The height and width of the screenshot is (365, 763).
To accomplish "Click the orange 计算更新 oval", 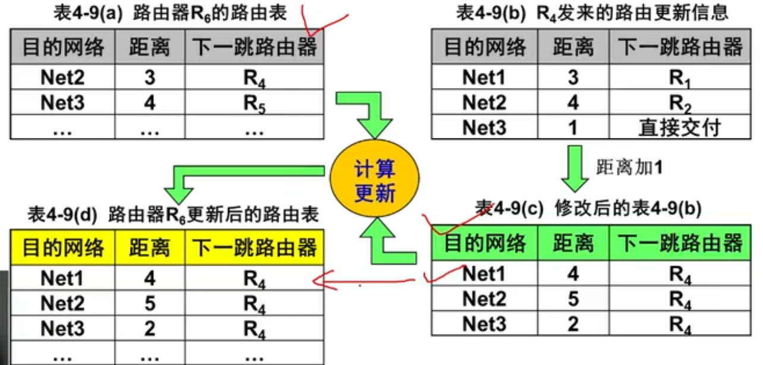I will [x=374, y=179].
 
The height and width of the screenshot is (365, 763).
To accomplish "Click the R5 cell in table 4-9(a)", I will [x=254, y=103].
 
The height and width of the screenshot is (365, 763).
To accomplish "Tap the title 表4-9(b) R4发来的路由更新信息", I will [x=592, y=13].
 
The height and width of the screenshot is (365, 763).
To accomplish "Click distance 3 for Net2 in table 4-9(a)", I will [x=150, y=78].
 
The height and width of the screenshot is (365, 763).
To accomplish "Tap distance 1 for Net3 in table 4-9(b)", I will [x=573, y=127].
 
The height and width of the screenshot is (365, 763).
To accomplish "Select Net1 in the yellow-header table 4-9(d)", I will [x=63, y=278].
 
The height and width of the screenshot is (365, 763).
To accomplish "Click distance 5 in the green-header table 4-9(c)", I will [x=573, y=298].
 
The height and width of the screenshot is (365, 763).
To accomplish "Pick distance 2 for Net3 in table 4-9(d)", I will [x=150, y=328].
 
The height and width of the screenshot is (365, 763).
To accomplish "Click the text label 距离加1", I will [x=628, y=168].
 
